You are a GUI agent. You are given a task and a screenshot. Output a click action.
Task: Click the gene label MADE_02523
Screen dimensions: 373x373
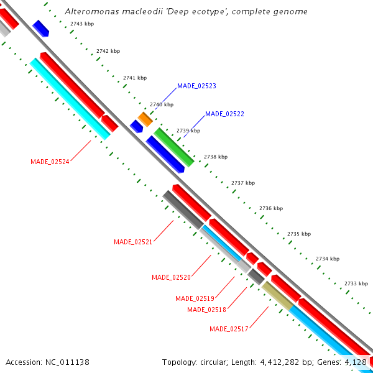tap(196, 86)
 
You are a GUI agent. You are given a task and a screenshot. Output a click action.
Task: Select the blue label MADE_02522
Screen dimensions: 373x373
tap(224, 114)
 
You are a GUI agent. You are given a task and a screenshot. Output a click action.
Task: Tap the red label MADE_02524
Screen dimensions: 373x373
tap(50, 162)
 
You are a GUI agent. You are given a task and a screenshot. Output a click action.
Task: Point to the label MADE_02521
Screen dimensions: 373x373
tap(133, 242)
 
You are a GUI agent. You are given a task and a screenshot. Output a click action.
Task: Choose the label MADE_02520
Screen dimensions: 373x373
tap(171, 277)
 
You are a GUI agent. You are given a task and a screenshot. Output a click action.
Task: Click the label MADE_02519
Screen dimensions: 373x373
tap(195, 298)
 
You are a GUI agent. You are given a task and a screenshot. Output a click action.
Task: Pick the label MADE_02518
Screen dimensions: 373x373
tap(206, 310)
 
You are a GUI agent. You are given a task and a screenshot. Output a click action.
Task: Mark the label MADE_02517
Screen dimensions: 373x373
tap(229, 329)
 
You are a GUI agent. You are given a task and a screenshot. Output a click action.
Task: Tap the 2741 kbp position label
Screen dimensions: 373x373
tap(135, 78)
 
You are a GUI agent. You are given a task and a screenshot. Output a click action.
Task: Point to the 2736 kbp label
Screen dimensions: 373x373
tap(271, 208)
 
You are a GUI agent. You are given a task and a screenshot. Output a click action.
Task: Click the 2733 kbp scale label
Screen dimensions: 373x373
tap(356, 283)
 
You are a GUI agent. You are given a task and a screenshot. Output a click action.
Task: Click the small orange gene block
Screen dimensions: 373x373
tap(145, 118)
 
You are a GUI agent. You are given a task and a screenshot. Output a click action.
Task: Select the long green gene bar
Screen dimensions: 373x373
tap(174, 147)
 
